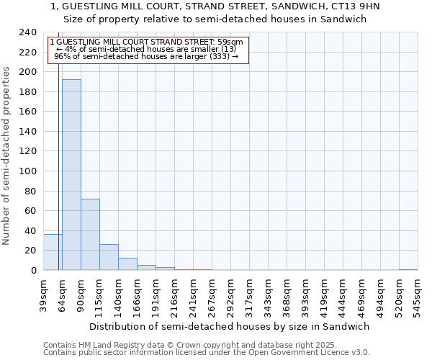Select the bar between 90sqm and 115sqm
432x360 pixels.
click(x=90, y=235)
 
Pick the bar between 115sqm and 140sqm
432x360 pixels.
click(x=109, y=257)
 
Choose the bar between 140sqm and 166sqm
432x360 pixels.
click(x=127, y=264)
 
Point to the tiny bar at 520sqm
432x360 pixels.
click(x=408, y=269)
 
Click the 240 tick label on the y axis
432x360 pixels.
click(x=28, y=32)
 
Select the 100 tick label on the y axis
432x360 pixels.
click(x=28, y=171)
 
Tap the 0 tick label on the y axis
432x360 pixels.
click(x=34, y=270)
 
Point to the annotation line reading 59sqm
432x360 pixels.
click(x=147, y=42)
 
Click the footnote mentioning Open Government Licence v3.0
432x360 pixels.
click(x=207, y=352)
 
